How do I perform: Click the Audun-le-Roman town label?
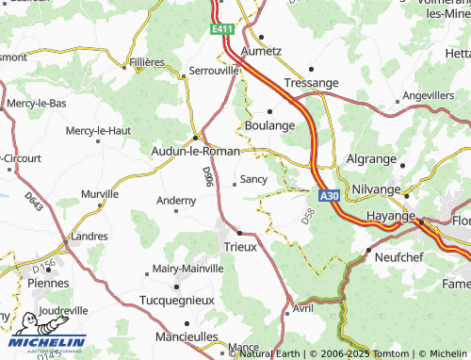coord(195,149)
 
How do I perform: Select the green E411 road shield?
coord(221,30)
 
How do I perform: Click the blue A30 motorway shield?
coord(328,196)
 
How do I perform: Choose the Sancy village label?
coord(253,178)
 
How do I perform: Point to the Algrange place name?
coord(372,159)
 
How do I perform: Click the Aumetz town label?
coord(261,51)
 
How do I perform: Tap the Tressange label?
coord(310,83)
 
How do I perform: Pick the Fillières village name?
coord(146,62)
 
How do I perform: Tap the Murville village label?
coord(100,193)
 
